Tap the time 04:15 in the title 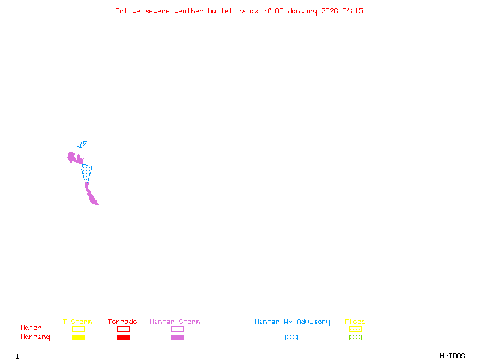353,11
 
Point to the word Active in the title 128,11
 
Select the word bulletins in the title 227,11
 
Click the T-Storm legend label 77,322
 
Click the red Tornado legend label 122,322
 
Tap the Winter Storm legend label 175,322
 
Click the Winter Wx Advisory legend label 292,322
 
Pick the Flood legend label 355,322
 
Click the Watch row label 31,328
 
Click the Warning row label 35,337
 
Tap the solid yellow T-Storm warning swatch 78,338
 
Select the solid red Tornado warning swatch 123,338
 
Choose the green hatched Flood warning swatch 355,338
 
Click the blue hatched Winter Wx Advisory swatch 291,338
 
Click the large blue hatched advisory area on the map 87,172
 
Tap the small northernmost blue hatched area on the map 82,145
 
